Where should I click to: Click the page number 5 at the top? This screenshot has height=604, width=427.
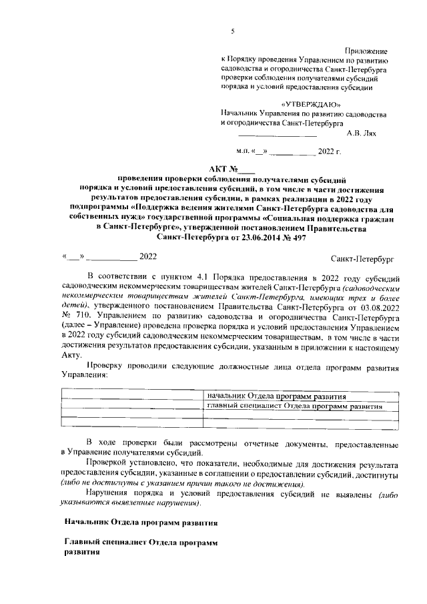pos(232,31)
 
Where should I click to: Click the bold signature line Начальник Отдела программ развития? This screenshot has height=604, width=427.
pos(139,520)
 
